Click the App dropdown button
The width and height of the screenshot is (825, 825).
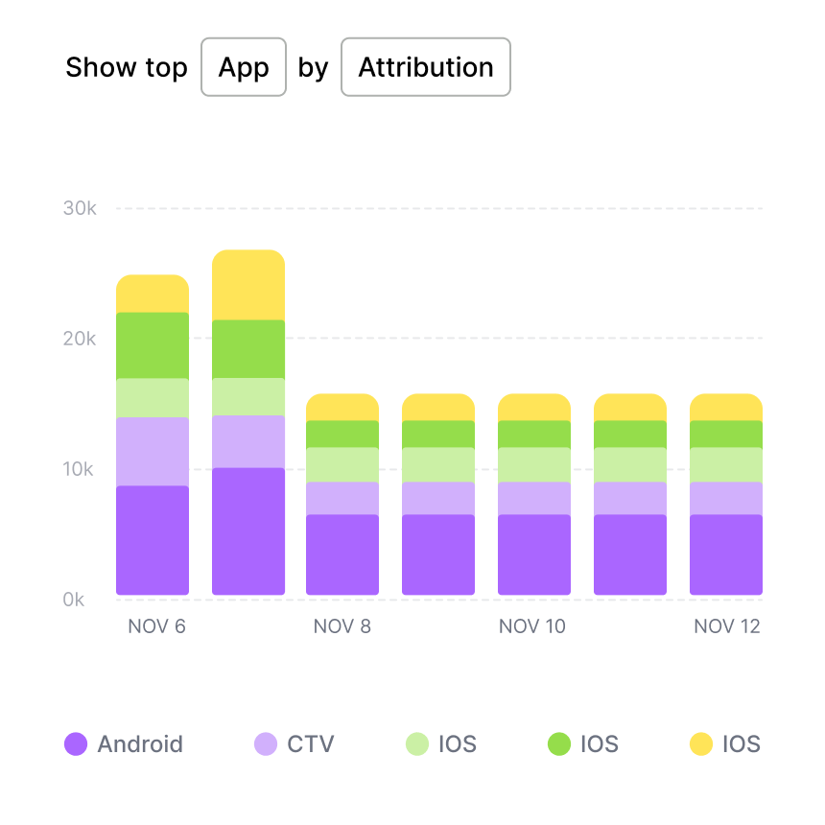244,67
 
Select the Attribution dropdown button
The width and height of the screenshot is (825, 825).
426,67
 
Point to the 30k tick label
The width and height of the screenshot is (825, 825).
80,208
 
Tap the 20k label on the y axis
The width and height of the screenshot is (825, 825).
80,339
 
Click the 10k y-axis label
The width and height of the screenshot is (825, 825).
80,469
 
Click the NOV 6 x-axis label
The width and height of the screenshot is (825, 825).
156,626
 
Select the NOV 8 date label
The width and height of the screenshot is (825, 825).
342,626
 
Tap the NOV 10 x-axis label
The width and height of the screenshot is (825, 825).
532,626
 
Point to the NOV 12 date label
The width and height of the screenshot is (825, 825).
727,626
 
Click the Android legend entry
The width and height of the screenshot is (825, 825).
124,743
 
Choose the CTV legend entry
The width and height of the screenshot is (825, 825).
295,743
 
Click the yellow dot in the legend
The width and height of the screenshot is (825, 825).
701,743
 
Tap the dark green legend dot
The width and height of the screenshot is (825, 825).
559,743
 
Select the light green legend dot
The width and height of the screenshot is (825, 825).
417,743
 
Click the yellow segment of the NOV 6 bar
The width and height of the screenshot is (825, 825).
153,294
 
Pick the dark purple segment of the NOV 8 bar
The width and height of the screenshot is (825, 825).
342,554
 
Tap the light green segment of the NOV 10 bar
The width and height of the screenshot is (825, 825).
534,464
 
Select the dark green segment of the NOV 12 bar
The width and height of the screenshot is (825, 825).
726,434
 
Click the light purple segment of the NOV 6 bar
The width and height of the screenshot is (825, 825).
153,451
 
